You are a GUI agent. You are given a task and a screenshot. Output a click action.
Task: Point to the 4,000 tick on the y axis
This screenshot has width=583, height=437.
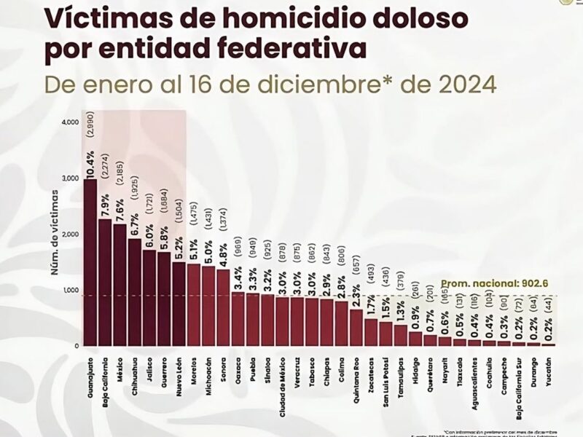click(x=69, y=122)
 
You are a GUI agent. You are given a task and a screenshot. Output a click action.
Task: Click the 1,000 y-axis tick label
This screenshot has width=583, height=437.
click(x=69, y=290)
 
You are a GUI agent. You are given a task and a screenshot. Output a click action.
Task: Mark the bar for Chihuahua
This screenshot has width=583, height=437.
click(x=135, y=292)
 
